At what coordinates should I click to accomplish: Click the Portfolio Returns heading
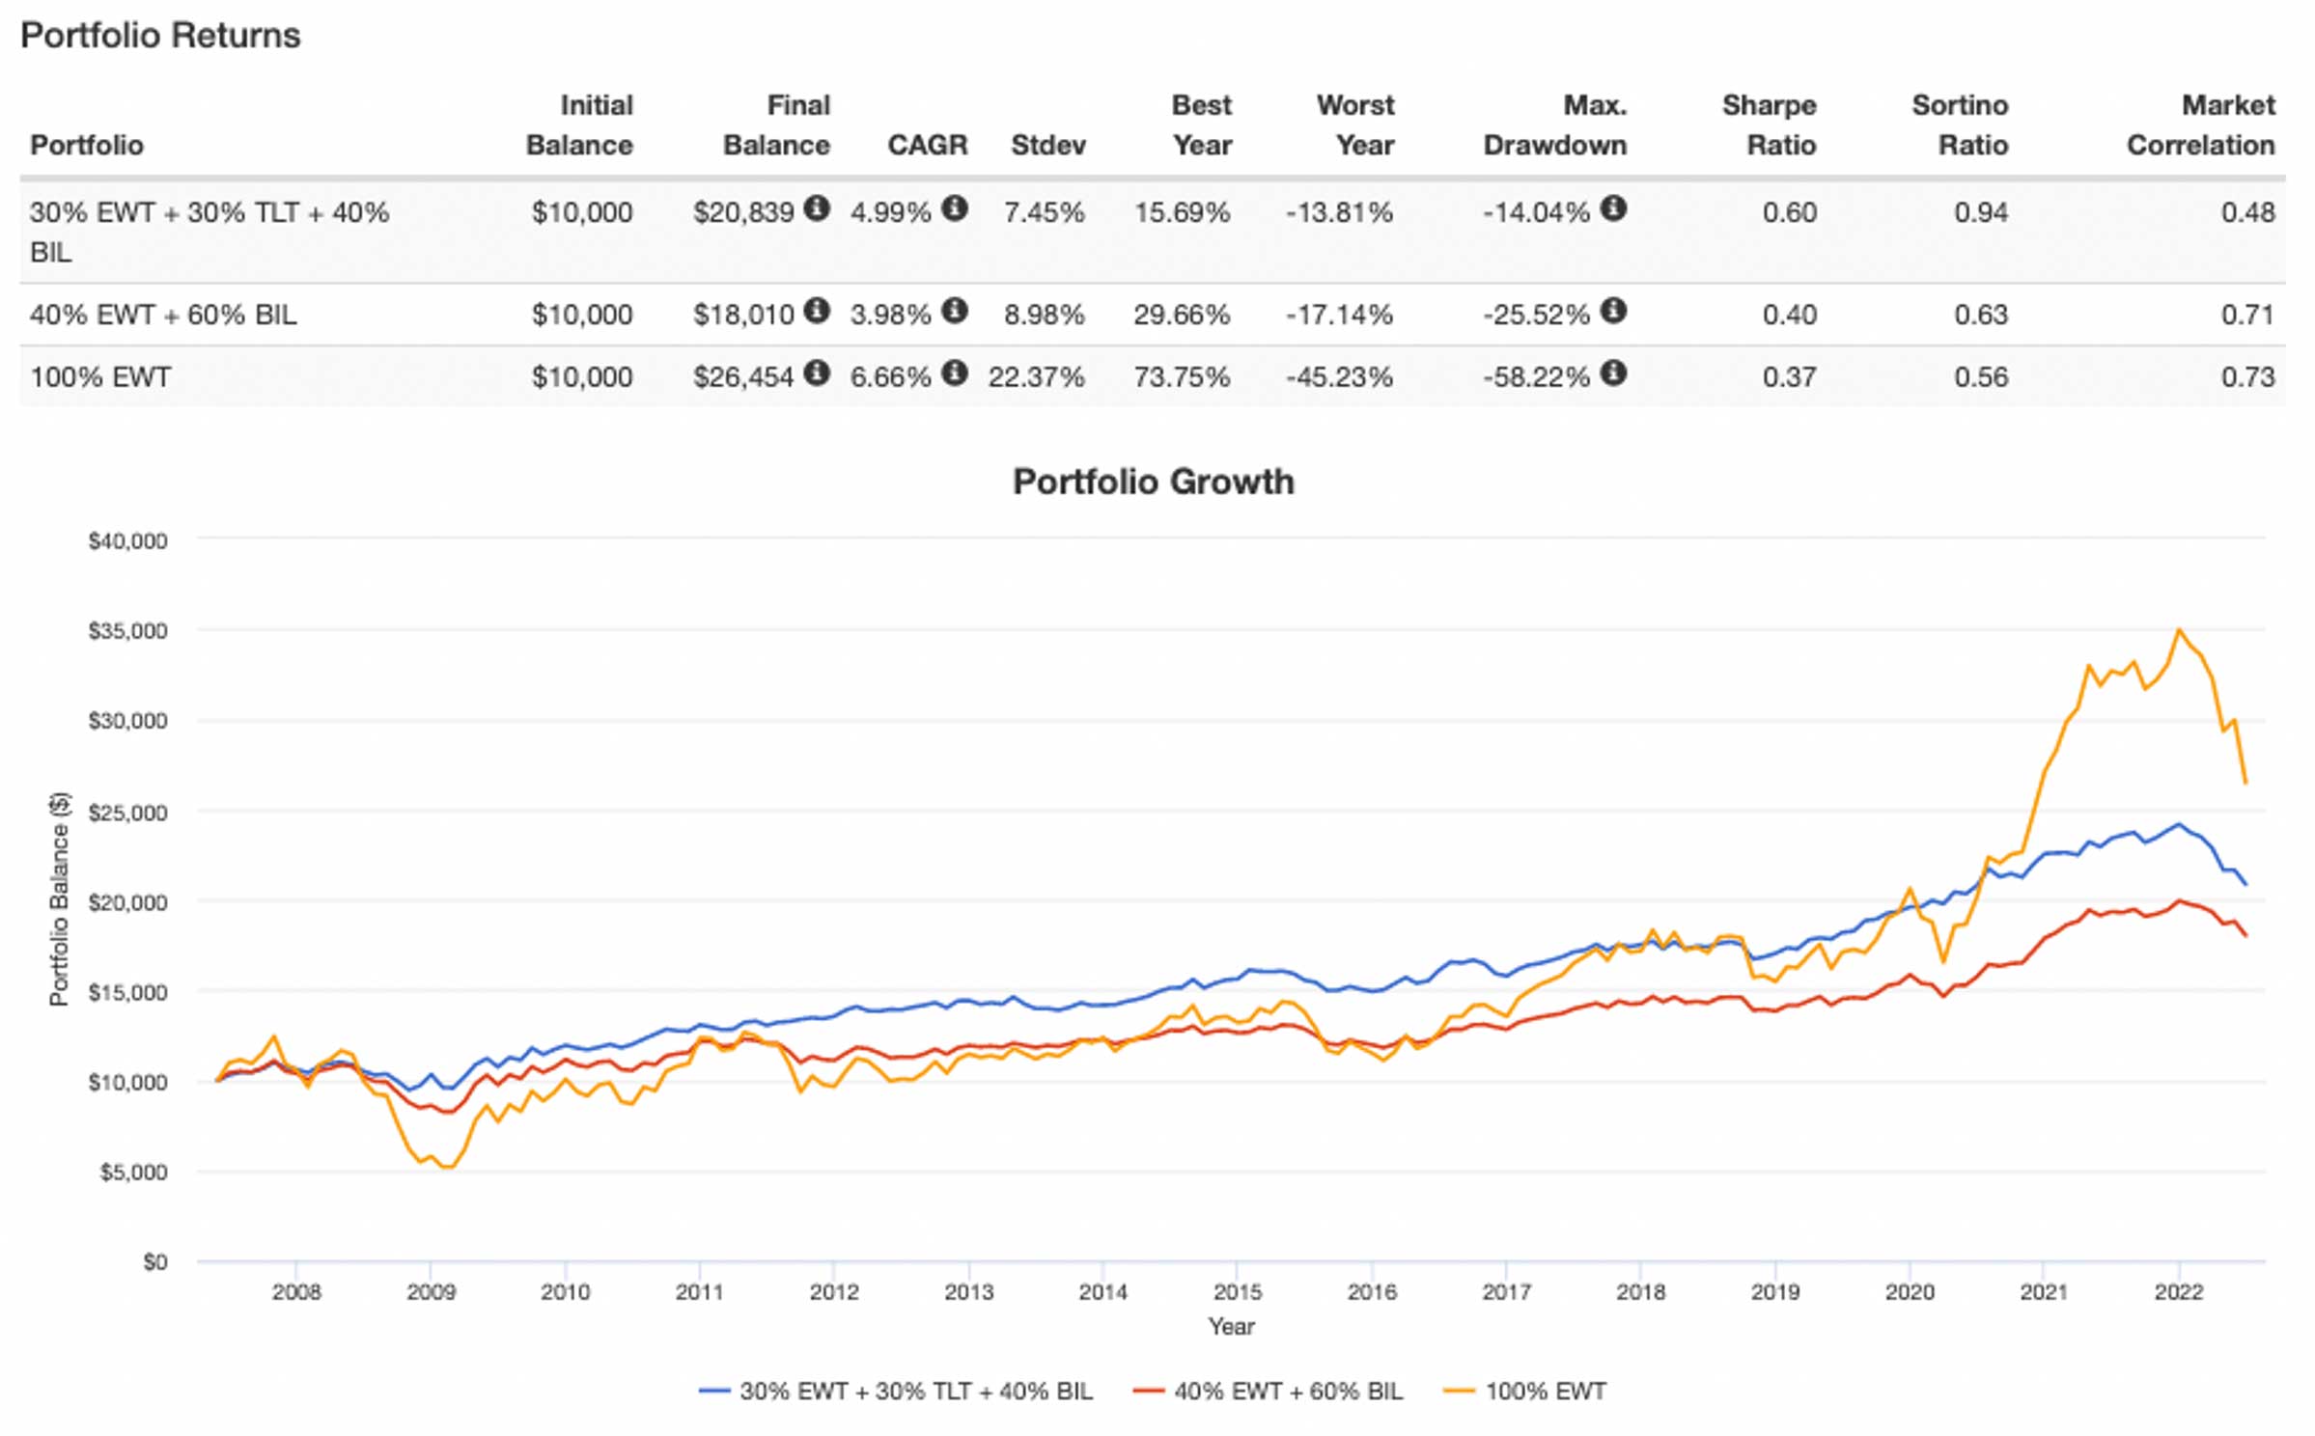[x=160, y=36]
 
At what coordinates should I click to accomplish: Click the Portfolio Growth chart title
[x=1153, y=481]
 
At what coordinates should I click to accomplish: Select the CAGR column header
[x=927, y=145]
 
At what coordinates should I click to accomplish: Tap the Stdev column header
[x=1047, y=145]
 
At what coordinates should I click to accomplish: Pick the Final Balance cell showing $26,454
[x=743, y=376]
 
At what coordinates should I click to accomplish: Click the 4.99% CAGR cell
[x=890, y=212]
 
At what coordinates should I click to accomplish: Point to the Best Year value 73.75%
[x=1182, y=376]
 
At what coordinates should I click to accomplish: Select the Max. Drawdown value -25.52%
[x=1536, y=315]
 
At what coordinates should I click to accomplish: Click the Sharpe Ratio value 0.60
[x=1789, y=212]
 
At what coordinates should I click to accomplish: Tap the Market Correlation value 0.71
[x=2247, y=315]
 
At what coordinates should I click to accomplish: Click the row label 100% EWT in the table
[x=100, y=376]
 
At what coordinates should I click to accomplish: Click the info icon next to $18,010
[x=817, y=311]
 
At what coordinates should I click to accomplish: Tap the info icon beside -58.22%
[x=1613, y=373]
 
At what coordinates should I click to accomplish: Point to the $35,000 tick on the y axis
[x=127, y=631]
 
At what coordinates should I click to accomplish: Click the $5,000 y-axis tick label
[x=133, y=1172]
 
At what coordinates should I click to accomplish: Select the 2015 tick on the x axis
[x=1237, y=1291]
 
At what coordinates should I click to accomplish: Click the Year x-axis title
[x=1231, y=1326]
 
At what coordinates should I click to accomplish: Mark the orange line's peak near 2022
[x=2178, y=630]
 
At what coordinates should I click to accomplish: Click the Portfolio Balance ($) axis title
[x=60, y=898]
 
